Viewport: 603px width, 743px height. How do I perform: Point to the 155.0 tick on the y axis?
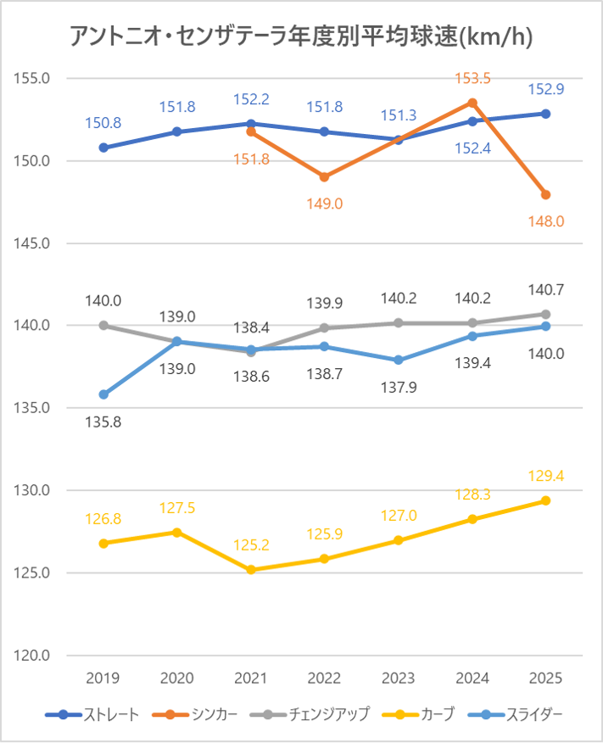(34, 78)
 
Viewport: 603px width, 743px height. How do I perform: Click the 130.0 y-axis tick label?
(34, 490)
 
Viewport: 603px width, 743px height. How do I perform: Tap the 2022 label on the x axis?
(325, 679)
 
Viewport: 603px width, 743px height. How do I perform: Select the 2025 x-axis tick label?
(546, 679)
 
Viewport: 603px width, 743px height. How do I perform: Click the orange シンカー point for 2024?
(472, 103)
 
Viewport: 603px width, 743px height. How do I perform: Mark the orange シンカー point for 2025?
(546, 194)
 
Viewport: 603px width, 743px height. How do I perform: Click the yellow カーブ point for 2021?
(251, 570)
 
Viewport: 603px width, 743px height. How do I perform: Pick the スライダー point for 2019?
(103, 394)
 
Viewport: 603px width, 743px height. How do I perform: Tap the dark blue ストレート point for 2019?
(103, 148)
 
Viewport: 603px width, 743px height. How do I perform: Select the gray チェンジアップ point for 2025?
(546, 314)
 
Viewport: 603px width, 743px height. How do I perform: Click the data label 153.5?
(472, 78)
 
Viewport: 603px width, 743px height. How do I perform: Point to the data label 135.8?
(103, 422)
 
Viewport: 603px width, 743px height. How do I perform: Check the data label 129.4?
(546, 476)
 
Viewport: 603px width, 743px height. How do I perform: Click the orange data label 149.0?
(325, 204)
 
